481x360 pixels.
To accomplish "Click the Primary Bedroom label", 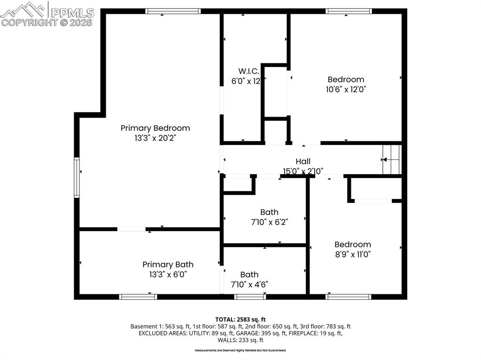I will pos(155,128).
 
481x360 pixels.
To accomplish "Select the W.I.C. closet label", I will pos(248,71).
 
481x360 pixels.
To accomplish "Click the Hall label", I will pos(303,162).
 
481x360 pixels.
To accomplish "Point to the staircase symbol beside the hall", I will pos(392,160).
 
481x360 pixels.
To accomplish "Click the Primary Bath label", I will pos(168,265).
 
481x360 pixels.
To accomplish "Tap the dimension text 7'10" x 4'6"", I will pos(249,284).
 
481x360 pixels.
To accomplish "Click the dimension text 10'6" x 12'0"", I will pos(346,90).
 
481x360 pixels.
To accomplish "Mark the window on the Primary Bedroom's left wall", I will pos(77,177).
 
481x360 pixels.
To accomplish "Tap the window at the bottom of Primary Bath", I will pos(138,297).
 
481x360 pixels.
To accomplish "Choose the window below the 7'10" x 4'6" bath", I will pos(250,297).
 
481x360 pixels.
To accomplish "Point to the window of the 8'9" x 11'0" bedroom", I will pos(349,297).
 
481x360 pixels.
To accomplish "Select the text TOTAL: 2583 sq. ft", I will pos(240,320).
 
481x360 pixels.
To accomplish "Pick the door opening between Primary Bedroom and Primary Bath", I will pos(131,229).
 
